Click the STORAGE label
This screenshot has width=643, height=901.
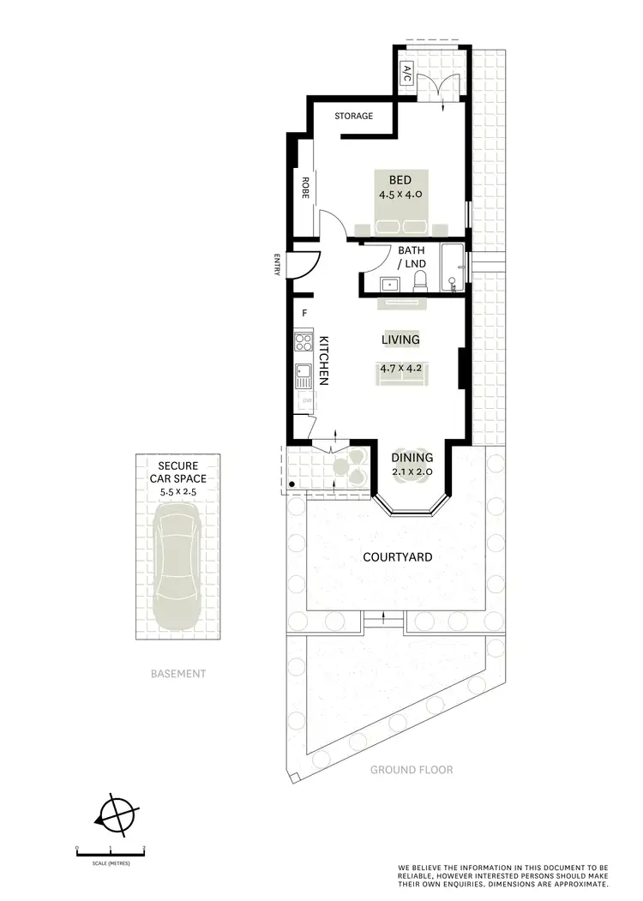(x=353, y=116)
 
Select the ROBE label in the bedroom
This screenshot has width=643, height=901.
(x=304, y=188)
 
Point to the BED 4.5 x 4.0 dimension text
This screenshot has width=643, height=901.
(x=400, y=195)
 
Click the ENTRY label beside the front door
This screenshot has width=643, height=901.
(x=277, y=265)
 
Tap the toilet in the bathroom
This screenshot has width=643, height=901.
(x=420, y=280)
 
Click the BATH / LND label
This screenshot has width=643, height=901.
(x=412, y=257)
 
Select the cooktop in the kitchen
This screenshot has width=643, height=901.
(x=303, y=343)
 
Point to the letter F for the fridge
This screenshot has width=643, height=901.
(x=304, y=314)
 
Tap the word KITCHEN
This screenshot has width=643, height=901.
(x=324, y=360)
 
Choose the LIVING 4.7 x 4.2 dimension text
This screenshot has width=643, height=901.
(x=400, y=370)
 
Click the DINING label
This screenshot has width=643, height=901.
(x=412, y=458)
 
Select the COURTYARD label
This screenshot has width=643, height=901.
(x=397, y=557)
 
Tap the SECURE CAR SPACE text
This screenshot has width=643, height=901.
(x=176, y=472)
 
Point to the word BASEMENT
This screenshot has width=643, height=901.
(x=177, y=674)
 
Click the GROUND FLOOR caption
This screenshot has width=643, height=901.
(x=412, y=770)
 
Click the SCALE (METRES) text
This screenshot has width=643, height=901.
(x=111, y=863)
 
